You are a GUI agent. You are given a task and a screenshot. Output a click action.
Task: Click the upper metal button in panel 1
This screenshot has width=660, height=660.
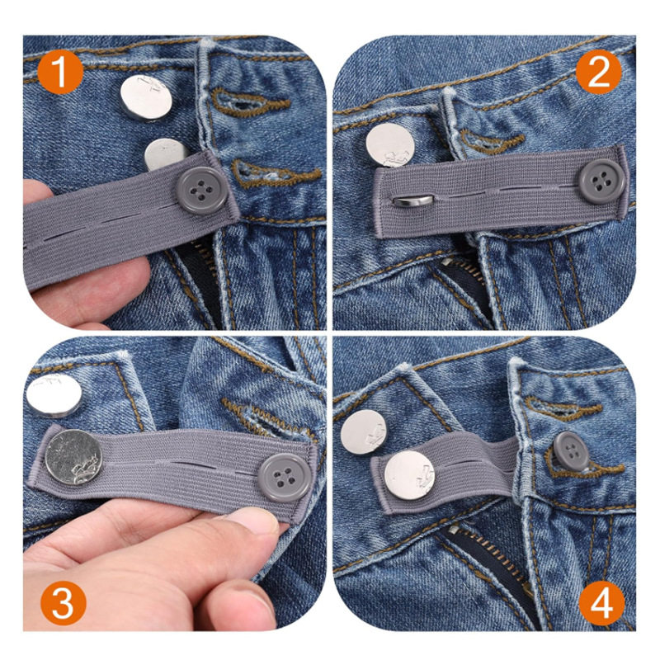coord(146,97)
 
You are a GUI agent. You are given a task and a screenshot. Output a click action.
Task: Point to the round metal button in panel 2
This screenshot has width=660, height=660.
coord(390,145)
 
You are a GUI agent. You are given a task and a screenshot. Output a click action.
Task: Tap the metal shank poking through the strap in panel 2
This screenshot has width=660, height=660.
coord(409,200)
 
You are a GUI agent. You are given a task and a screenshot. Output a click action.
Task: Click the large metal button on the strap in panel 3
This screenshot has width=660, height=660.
coord(73,458)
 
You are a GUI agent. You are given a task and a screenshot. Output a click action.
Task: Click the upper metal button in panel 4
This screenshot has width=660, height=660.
coord(364,432)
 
